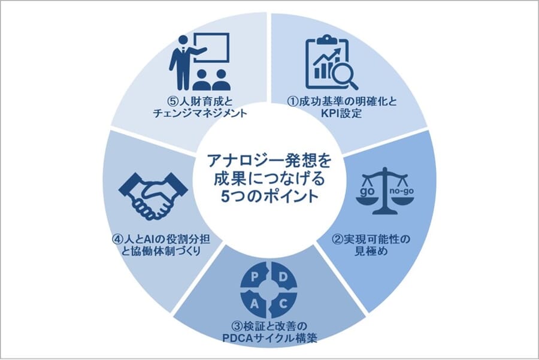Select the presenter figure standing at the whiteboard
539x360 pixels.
181,60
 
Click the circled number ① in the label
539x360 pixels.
290,101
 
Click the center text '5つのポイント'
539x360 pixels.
269,195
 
